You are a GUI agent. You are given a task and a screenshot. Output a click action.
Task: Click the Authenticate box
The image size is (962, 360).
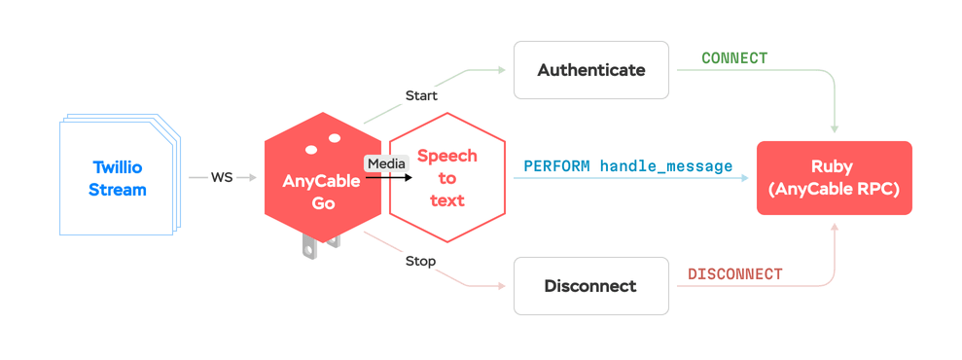pyautogui.click(x=591, y=70)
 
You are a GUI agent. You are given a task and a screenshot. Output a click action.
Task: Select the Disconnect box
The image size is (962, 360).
pyautogui.click(x=590, y=286)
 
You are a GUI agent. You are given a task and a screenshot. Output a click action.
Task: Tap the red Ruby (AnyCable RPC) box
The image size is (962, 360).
pyautogui.click(x=834, y=178)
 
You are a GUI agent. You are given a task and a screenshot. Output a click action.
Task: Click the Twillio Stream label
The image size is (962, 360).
pyautogui.click(x=118, y=178)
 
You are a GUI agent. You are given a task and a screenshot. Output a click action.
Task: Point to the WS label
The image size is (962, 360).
pyautogui.click(x=222, y=177)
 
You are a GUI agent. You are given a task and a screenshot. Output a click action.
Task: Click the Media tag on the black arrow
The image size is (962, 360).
pyautogui.click(x=385, y=163)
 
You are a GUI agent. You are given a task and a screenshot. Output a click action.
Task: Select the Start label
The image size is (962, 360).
pyautogui.click(x=421, y=95)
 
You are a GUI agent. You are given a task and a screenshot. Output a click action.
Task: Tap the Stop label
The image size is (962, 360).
pyautogui.click(x=420, y=261)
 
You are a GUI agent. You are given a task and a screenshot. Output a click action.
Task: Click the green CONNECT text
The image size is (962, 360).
pyautogui.click(x=734, y=58)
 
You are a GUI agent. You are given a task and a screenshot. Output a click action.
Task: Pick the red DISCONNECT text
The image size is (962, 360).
pyautogui.click(x=734, y=274)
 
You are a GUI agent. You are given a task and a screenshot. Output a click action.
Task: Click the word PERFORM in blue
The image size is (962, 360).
pyautogui.click(x=556, y=166)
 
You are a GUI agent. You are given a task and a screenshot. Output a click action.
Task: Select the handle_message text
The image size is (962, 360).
pyautogui.click(x=666, y=166)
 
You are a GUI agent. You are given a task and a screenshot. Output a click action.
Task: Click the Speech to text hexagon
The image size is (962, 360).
pyautogui.click(x=446, y=178)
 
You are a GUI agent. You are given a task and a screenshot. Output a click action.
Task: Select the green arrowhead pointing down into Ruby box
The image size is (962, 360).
pyautogui.click(x=834, y=128)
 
